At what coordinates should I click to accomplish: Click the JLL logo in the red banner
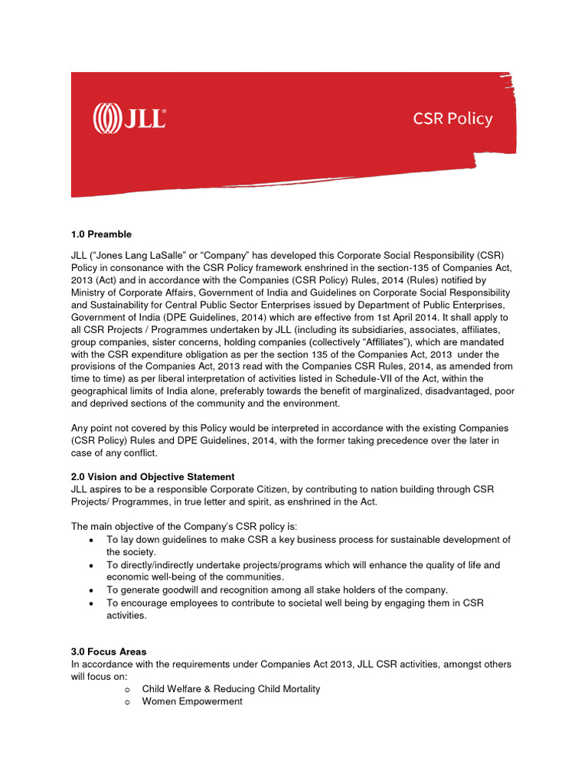click(x=129, y=119)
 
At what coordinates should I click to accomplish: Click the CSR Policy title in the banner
click(x=452, y=119)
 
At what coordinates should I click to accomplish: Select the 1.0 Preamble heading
click(x=101, y=234)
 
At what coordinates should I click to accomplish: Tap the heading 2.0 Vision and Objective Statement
click(x=152, y=477)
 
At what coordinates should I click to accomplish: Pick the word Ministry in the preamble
click(x=87, y=292)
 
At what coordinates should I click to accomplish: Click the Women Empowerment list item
click(x=192, y=701)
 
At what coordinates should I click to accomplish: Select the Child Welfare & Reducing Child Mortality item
click(x=230, y=689)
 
